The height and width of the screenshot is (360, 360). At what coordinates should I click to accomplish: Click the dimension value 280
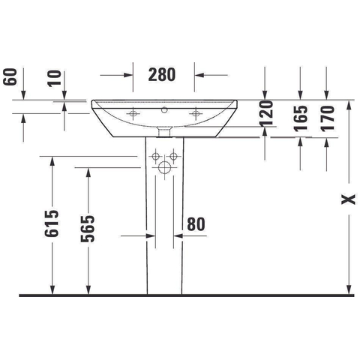click(x=162, y=74)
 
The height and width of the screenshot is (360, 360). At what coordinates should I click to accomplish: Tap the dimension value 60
click(x=10, y=77)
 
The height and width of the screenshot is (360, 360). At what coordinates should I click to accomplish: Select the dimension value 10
click(x=55, y=79)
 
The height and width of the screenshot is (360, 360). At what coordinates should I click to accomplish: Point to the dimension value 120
click(x=266, y=113)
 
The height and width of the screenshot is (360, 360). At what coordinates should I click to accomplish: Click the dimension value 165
click(x=301, y=118)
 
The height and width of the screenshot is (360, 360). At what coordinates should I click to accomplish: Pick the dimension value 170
click(x=328, y=118)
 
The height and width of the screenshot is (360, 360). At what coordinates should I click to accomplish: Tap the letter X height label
click(x=348, y=199)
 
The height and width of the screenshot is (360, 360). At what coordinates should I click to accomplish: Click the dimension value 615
click(x=52, y=223)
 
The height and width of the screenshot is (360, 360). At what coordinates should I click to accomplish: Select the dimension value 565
click(x=88, y=229)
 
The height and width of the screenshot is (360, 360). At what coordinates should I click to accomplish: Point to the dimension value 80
click(x=196, y=224)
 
